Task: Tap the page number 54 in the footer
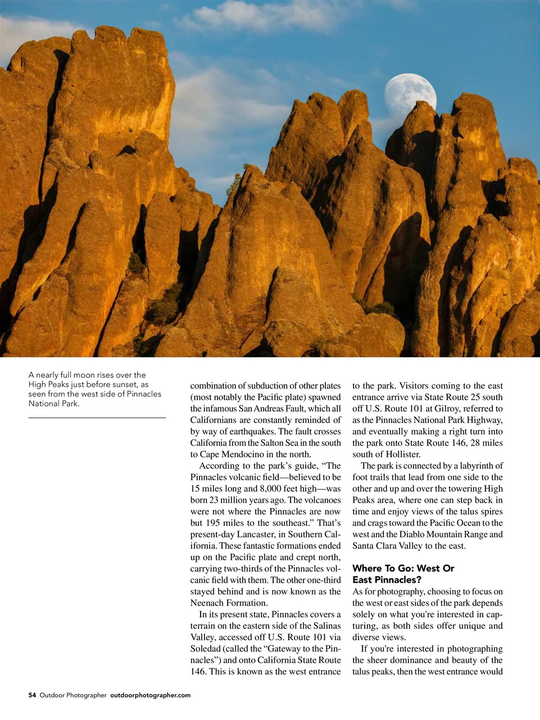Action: pyautogui.click(x=32, y=695)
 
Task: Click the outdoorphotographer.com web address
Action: pyautogui.click(x=150, y=695)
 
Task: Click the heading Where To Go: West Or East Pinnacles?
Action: pyautogui.click(x=403, y=574)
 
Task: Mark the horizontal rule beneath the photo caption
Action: pyautogui.click(x=97, y=417)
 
